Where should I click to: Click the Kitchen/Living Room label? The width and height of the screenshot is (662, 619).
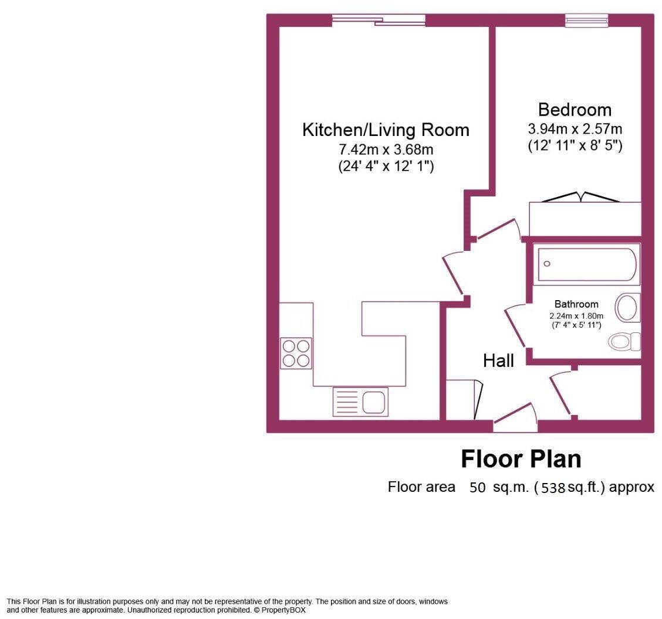click(386, 130)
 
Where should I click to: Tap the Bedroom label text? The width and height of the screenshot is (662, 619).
click(575, 110)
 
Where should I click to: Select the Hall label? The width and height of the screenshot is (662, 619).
click(498, 360)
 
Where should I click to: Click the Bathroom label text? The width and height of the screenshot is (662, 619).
click(576, 304)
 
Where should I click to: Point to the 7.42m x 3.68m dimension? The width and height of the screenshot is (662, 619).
click(386, 149)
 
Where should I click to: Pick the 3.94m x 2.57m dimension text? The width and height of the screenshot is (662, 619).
click(575, 128)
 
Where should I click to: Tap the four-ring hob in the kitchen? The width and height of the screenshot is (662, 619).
click(296, 353)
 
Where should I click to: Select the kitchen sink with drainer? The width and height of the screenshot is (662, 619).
click(360, 402)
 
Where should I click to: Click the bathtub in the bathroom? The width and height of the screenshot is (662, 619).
click(586, 264)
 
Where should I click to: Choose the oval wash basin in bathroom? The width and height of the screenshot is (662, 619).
click(627, 307)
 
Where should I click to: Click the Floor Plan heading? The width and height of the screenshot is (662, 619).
click(521, 458)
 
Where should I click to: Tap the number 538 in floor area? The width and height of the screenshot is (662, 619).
click(553, 488)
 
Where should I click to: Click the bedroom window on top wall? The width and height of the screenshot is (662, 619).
click(586, 21)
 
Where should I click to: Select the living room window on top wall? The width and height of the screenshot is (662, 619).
click(379, 21)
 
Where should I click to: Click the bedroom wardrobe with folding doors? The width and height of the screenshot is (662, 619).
click(585, 219)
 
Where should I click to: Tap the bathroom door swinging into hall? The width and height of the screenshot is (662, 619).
click(515, 326)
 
